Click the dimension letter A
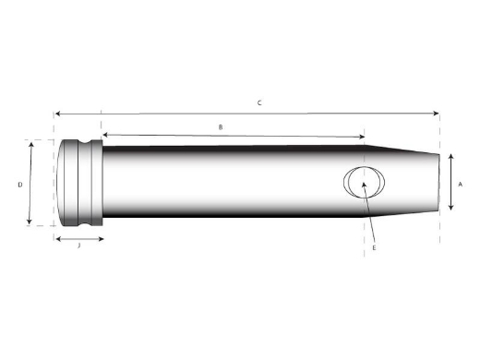pos(460,184)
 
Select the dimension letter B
pos(220,126)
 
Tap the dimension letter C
pos(259,102)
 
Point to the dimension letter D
pos(19,185)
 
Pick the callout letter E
pos(374,248)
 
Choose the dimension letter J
pos(78,246)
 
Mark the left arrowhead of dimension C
pos(57,114)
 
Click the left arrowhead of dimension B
pos(104,136)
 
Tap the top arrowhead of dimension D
pos(31,144)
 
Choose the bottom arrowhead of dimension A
pos(450,209)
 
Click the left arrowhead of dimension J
pos(57,238)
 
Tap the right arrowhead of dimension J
pos(102,238)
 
